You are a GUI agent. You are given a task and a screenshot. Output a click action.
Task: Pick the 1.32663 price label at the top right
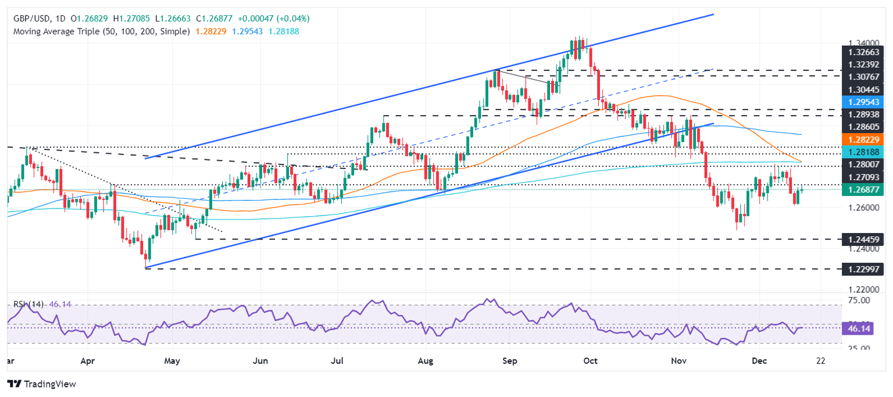tap(863, 51)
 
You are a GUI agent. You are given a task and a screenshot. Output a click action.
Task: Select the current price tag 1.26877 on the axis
tap(863, 189)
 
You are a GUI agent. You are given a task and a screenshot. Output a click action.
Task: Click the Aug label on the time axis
tap(426, 360)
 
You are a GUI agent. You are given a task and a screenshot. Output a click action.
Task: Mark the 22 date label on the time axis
tap(821, 360)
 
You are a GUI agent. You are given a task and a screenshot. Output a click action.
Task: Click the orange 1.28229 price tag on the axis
tap(863, 140)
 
